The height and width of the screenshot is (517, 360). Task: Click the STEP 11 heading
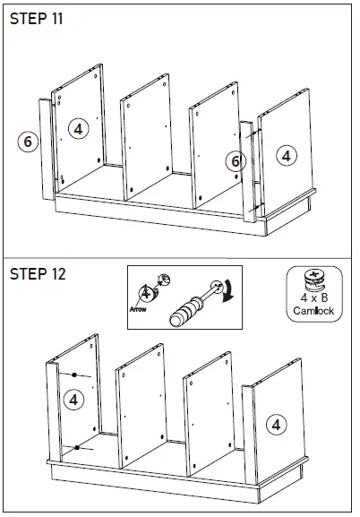click(36, 19)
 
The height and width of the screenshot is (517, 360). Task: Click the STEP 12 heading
click(38, 274)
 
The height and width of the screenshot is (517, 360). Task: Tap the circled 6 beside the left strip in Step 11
click(28, 142)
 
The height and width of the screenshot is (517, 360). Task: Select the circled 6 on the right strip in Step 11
click(236, 161)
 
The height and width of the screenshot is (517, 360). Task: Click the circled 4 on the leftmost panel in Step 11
click(79, 129)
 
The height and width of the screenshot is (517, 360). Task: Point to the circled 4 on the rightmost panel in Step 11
click(287, 156)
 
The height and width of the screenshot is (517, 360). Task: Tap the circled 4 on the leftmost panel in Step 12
click(73, 400)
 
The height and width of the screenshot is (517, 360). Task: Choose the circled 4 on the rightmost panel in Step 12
click(276, 425)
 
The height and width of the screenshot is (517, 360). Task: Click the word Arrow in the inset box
click(138, 309)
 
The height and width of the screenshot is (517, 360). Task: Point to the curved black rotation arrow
click(227, 291)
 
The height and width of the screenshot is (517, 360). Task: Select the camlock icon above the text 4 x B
click(314, 280)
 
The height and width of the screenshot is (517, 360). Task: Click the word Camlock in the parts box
click(313, 311)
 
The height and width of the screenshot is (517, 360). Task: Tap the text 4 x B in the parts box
click(313, 297)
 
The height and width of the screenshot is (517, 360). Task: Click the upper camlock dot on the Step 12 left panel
click(74, 375)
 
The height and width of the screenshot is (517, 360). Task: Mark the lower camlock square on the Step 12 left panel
click(77, 447)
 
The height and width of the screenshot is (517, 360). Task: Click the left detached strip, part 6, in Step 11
click(47, 150)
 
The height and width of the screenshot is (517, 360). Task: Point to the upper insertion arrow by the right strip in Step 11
click(253, 134)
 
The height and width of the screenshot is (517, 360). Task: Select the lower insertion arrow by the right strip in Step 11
click(256, 207)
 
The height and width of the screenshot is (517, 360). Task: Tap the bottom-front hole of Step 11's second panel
click(132, 190)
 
